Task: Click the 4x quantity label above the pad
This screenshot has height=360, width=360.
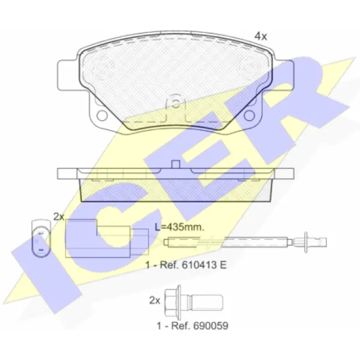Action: click(x=261, y=36)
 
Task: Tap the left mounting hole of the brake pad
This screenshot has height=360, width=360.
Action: click(x=102, y=115)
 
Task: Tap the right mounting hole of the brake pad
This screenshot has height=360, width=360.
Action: click(x=250, y=115)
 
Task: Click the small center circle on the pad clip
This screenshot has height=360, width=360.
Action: click(x=175, y=104)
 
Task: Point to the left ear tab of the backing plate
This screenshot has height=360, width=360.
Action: click(x=68, y=76)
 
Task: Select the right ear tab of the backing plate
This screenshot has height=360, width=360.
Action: click(x=283, y=76)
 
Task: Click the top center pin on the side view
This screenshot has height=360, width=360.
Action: click(x=175, y=164)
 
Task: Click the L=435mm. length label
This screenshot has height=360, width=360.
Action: click(x=179, y=227)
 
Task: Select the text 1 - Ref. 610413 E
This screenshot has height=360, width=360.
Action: click(x=186, y=265)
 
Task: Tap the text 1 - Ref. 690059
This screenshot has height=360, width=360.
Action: click(x=193, y=326)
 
